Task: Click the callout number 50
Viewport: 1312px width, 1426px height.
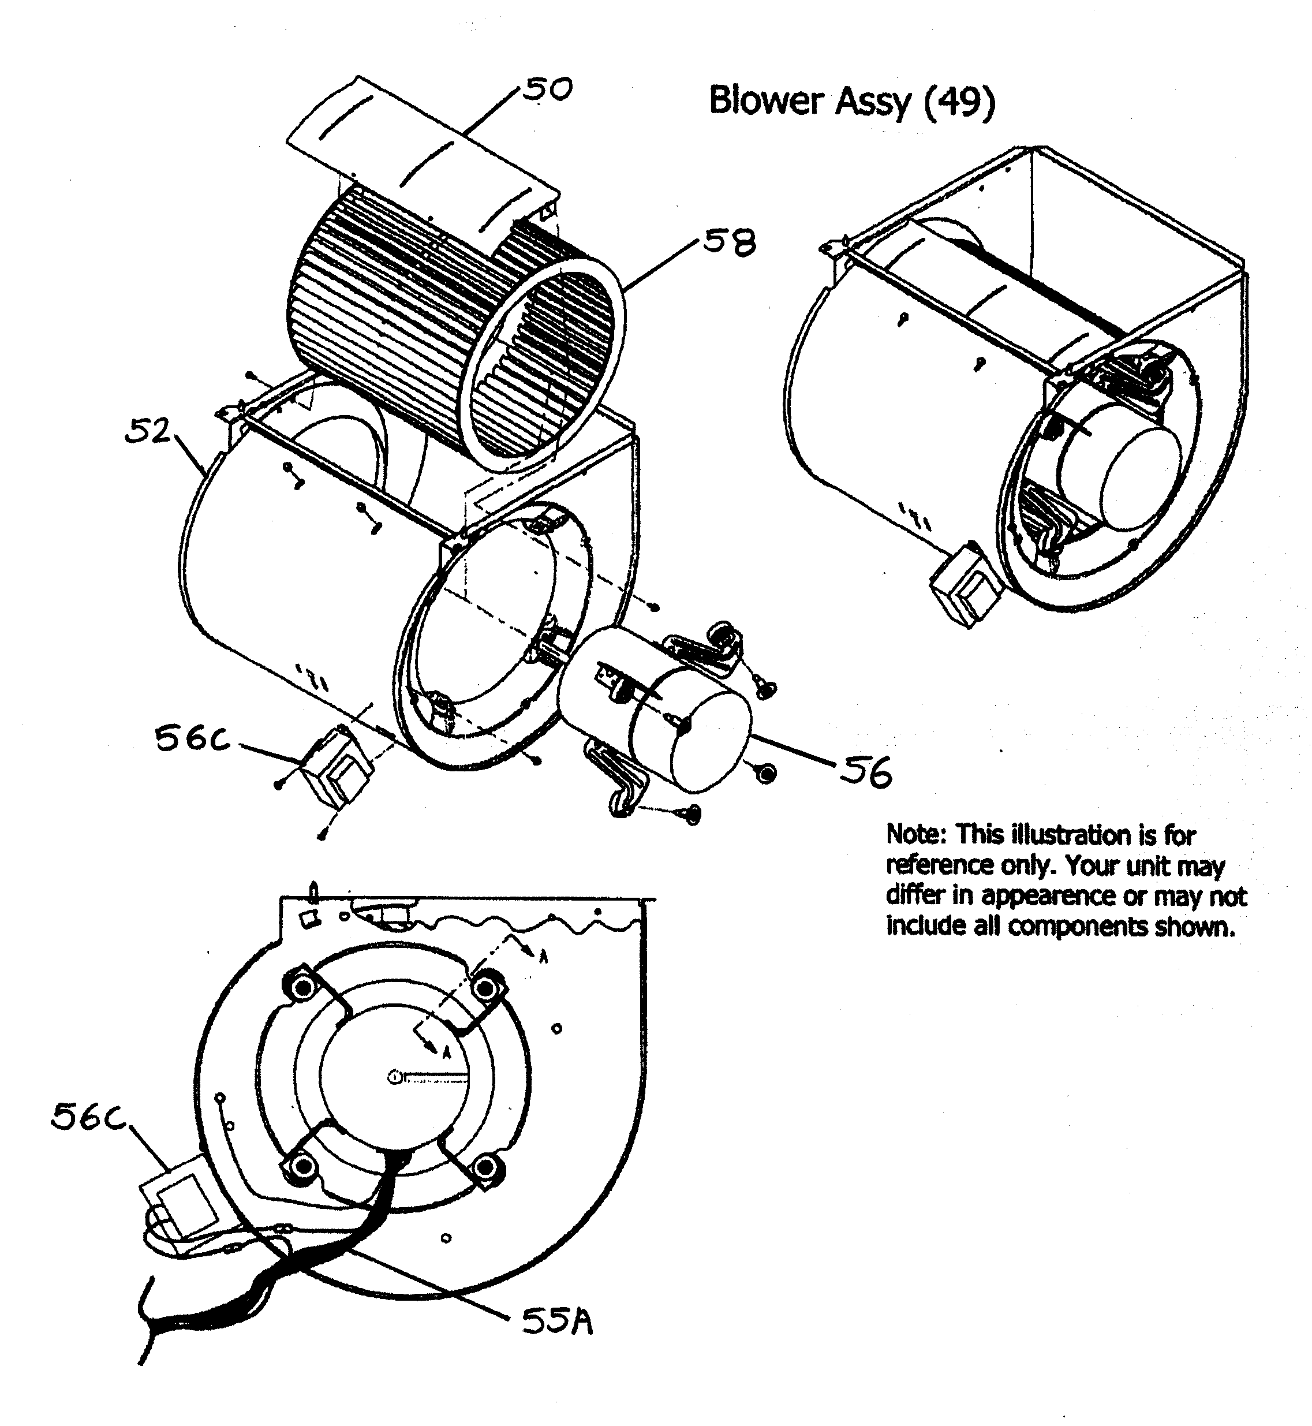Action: [547, 90]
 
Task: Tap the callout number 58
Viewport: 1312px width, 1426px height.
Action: [729, 244]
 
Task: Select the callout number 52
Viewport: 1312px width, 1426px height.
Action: [148, 431]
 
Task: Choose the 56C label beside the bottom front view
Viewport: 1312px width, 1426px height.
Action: [89, 1118]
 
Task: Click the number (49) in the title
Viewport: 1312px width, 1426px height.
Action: [960, 101]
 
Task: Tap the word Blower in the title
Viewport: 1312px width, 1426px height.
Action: [766, 101]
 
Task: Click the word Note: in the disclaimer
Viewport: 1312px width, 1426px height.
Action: [917, 834]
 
